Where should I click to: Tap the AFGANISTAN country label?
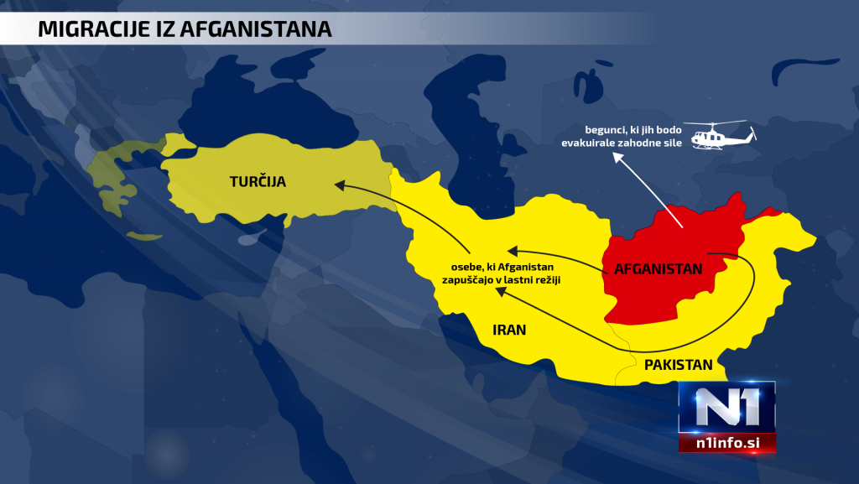click(658, 269)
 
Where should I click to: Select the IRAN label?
click(509, 330)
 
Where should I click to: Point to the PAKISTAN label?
click(678, 365)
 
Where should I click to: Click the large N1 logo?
click(726, 409)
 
